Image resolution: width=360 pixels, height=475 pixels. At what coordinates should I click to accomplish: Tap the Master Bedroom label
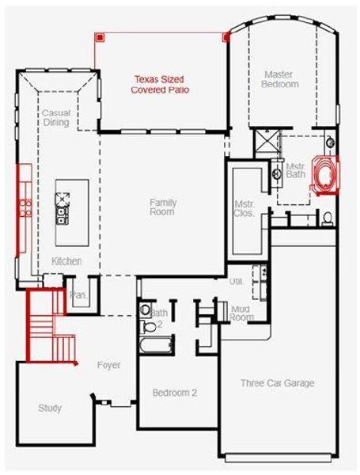(280, 79)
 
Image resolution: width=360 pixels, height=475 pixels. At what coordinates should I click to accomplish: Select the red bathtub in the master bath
(324, 175)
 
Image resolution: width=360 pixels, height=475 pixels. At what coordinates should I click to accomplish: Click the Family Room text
(163, 207)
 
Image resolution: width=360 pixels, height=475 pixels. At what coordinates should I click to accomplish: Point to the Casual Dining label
(56, 118)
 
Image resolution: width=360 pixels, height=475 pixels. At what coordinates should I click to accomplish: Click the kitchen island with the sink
(61, 203)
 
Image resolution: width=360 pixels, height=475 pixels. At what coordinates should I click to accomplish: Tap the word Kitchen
(66, 261)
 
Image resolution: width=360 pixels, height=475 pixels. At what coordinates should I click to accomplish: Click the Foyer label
(109, 366)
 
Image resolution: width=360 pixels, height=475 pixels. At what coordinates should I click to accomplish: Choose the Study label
(50, 408)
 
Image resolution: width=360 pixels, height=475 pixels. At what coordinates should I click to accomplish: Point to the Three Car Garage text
(277, 383)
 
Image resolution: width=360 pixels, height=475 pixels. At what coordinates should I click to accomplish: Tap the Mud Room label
(241, 313)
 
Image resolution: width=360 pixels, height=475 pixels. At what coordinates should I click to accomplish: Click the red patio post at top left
(100, 36)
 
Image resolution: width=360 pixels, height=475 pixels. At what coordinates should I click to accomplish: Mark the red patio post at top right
(226, 36)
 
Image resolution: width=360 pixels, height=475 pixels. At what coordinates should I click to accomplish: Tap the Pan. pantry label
(78, 294)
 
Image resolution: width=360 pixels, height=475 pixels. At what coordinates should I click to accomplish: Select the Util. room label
(236, 281)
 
